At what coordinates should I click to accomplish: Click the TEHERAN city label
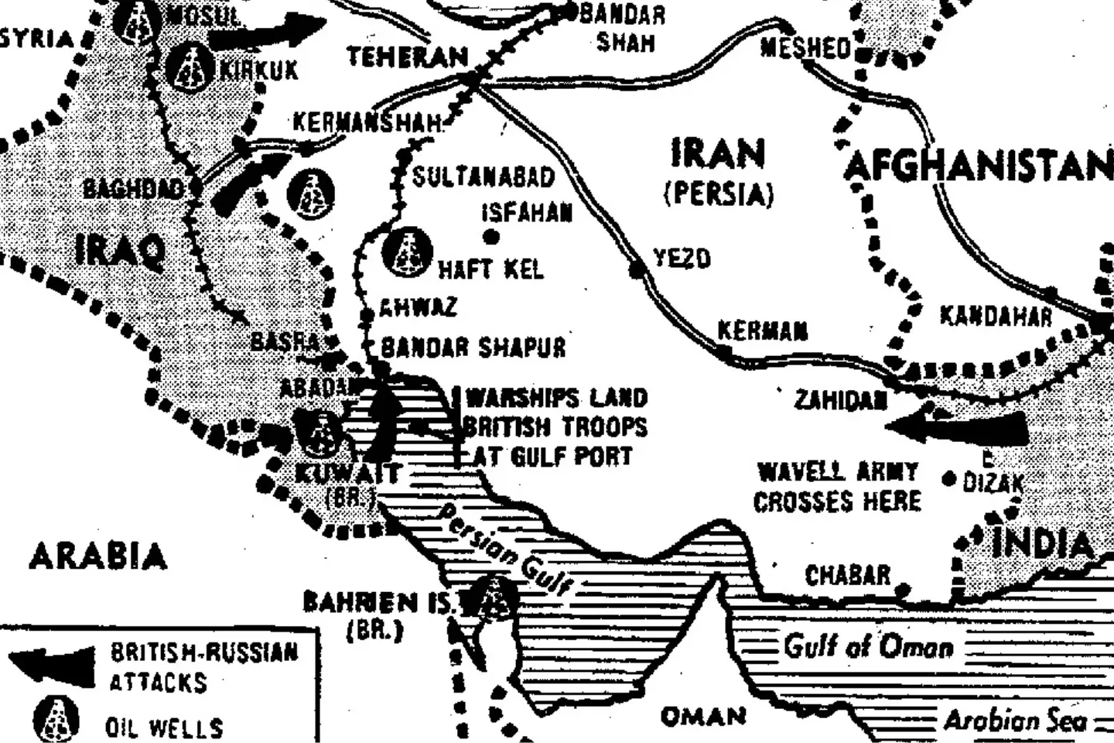(407, 57)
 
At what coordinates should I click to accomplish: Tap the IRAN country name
(718, 154)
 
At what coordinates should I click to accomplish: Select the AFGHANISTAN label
(978, 166)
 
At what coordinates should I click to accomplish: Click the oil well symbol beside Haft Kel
(408, 252)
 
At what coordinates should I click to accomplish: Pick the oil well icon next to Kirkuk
(193, 67)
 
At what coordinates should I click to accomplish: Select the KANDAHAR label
(996, 317)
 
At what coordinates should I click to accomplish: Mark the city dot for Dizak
(949, 479)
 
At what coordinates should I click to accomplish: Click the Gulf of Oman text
(868, 645)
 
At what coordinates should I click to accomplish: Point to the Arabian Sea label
(1014, 721)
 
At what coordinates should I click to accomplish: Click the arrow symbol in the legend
(53, 664)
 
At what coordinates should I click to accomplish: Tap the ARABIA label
(98, 556)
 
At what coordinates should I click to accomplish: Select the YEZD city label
(682, 259)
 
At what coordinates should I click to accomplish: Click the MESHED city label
(805, 48)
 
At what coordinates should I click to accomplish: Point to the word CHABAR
(847, 576)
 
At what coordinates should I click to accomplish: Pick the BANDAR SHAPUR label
(473, 348)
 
